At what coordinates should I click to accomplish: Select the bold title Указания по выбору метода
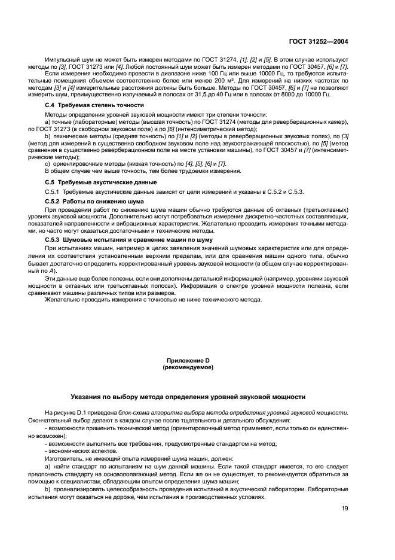[188, 396]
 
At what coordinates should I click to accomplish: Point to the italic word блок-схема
[134, 413]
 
